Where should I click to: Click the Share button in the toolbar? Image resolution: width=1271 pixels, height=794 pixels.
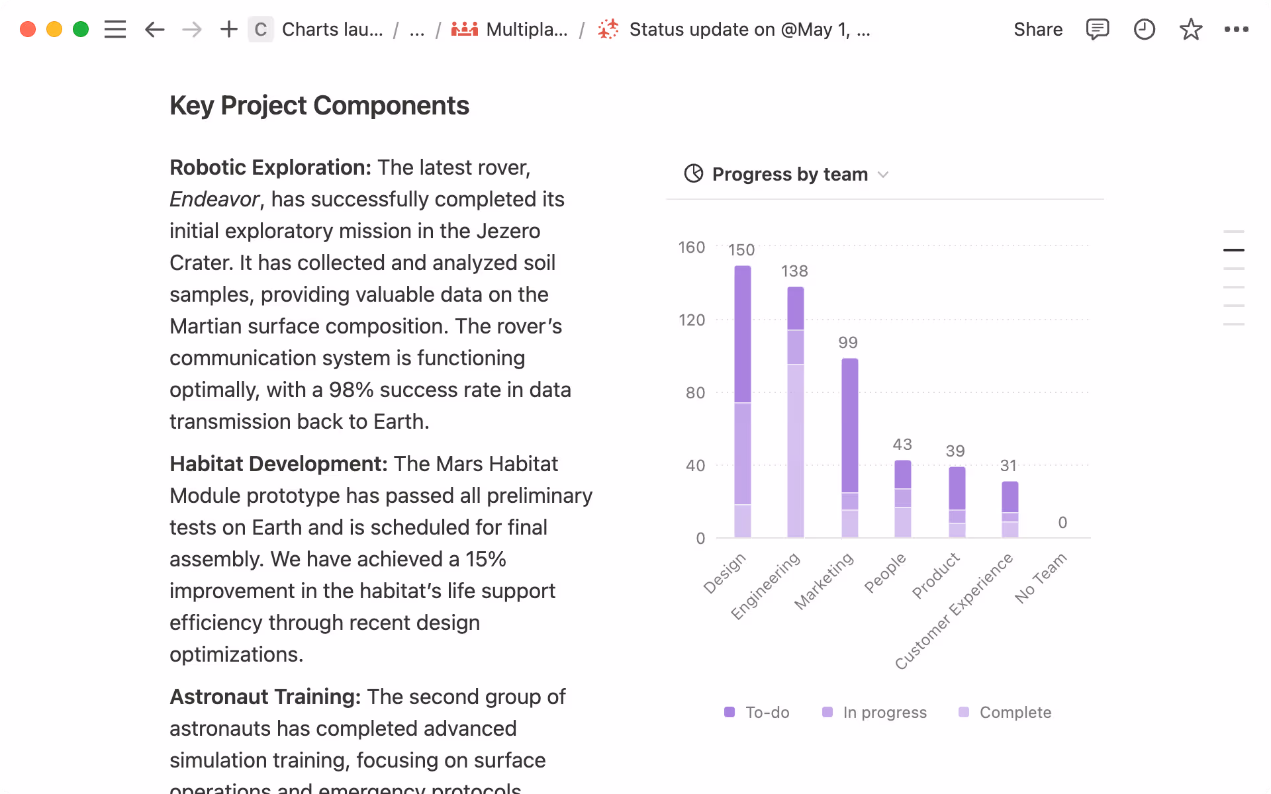coord(1037,30)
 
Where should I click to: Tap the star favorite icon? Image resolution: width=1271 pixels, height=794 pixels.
coord(1190,30)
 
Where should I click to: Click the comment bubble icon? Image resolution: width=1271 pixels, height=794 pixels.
coord(1097,30)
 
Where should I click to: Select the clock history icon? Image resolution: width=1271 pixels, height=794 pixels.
coord(1144,30)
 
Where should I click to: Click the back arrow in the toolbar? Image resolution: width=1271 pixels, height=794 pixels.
coord(154,30)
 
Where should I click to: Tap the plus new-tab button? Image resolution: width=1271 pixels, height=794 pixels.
coord(228,30)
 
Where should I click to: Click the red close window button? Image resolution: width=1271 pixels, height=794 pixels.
coord(28,30)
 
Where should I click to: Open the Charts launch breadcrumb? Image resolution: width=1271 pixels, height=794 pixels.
coord(332,30)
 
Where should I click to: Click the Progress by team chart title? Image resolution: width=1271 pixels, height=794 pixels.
coord(789,174)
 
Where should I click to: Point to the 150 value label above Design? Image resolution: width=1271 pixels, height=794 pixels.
coord(741,250)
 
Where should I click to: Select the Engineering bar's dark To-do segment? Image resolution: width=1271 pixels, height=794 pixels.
coord(795,308)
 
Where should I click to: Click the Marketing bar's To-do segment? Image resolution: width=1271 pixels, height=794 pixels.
coord(849,425)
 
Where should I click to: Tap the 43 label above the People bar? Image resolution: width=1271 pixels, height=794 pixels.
coord(902,445)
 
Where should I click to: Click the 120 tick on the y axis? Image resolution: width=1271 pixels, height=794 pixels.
coord(692,320)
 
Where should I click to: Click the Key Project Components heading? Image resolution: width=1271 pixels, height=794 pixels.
coord(319,106)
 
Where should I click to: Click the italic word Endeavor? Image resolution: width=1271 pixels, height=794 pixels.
coord(214,199)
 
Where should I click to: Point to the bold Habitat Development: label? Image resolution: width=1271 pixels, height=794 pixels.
coord(278,464)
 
